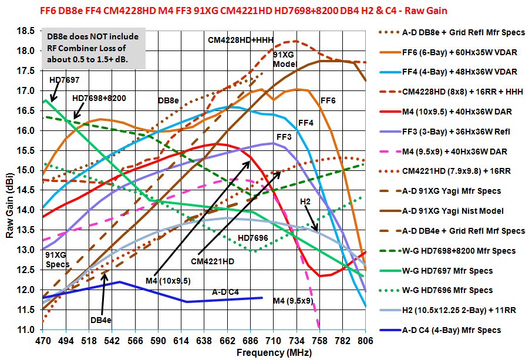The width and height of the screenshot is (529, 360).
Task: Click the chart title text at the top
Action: (264, 10)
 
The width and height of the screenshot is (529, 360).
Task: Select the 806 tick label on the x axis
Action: (365, 340)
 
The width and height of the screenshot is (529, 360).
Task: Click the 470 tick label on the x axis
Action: (43, 340)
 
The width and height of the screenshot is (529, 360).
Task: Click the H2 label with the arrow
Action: (305, 201)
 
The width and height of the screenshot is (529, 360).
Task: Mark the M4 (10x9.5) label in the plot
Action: (167, 280)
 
